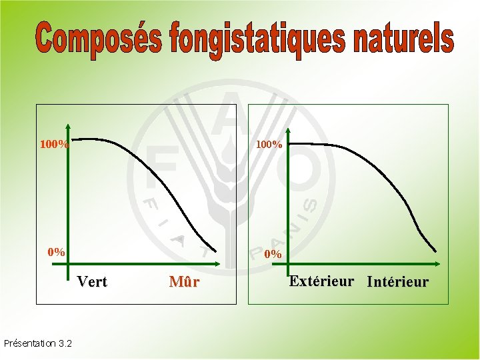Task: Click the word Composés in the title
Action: (98, 39)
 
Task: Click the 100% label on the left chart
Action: (53, 144)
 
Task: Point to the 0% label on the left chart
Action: (56, 253)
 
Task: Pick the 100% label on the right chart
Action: (269, 144)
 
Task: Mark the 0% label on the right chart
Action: (273, 254)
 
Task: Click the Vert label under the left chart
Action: (92, 281)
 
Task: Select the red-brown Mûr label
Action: (184, 282)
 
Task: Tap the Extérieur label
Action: (321, 281)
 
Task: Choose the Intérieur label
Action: (397, 282)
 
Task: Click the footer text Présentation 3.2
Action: (38, 343)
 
